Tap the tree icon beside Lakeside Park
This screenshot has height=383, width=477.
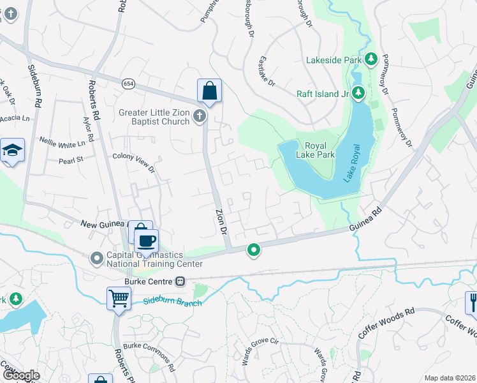[371, 60]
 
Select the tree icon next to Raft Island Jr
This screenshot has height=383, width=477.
[358, 93]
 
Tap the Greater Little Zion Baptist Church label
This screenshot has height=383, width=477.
[154, 117]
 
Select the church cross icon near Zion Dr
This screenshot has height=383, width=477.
[200, 116]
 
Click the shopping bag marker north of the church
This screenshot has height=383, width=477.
[209, 93]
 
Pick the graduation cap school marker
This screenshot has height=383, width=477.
[12, 151]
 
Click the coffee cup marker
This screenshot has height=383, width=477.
[147, 241]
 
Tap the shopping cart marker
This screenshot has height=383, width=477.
[119, 298]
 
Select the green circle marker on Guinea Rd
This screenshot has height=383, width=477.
[254, 250]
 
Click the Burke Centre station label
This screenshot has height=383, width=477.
[150, 281]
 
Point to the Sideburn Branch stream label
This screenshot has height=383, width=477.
[172, 301]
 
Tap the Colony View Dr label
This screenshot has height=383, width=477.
[133, 162]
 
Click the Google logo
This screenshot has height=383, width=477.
[21, 375]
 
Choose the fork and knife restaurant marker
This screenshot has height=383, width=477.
[473, 301]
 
